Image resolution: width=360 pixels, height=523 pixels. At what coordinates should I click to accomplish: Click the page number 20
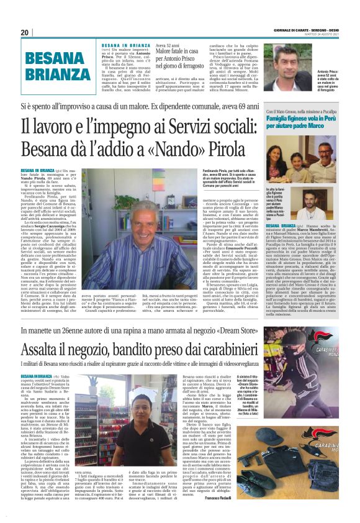click(x=24, y=32)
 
